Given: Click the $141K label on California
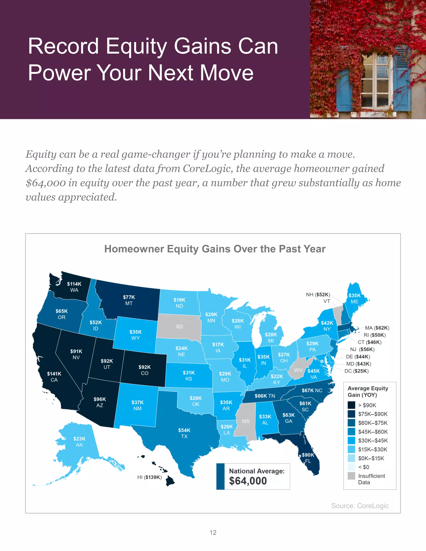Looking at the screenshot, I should pos(54,374).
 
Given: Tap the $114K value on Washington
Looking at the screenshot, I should pos(74,284).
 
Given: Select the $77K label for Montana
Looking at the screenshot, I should pos(129,297).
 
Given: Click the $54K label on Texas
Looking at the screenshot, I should pos(184,430).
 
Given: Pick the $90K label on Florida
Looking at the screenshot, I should pos(308,455).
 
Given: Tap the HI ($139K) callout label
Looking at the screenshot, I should pos(149,477).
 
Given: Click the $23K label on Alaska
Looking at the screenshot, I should pos(79,439).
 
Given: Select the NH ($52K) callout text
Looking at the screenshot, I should pos(318,294).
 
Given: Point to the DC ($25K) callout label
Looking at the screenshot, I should pos(356,371).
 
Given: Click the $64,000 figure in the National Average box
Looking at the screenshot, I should pos(248,481).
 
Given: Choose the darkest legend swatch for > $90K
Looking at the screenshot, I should pos(351,405).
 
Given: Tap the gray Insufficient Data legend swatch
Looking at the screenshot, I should pos(351,476).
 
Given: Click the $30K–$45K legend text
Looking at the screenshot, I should pos(373,441).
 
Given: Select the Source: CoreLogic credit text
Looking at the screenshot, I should pos(360,506).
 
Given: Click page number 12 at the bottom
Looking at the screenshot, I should pos(213,532).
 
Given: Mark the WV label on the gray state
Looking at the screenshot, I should pos(298,370).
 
